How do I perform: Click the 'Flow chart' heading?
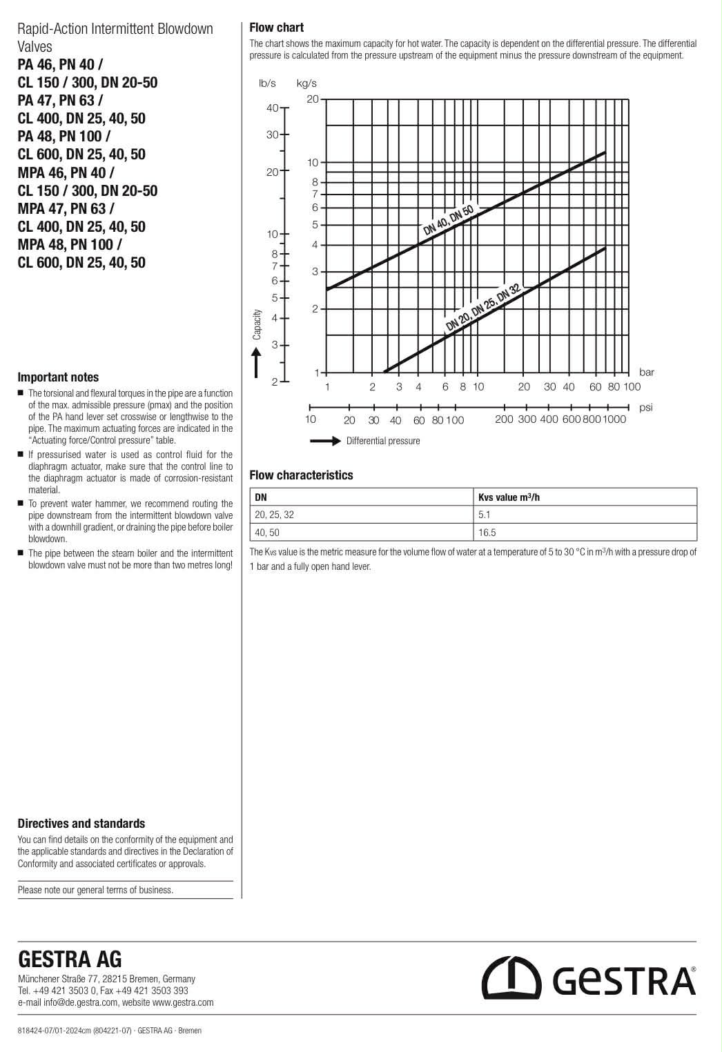pos(276,28)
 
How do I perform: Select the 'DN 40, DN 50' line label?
pos(448,221)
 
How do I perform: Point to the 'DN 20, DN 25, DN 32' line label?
pos(482,308)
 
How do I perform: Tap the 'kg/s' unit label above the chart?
pos(306,83)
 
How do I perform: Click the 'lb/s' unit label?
pos(267,83)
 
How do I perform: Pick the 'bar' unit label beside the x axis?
pos(646,373)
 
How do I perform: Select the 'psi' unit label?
pos(645,408)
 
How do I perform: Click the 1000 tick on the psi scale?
pos(614,419)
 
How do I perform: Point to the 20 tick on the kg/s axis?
pos(313,99)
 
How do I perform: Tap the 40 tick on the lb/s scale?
pos(272,108)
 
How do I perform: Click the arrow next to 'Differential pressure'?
pos(325,441)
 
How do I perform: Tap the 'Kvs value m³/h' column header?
pos(509,497)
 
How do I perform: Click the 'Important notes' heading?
pos(58,377)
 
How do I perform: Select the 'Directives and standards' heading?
pos(81,824)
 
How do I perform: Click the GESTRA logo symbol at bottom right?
pos(511,978)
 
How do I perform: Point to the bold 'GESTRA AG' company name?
pos(70,960)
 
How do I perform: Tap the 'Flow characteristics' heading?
pos(301,475)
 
